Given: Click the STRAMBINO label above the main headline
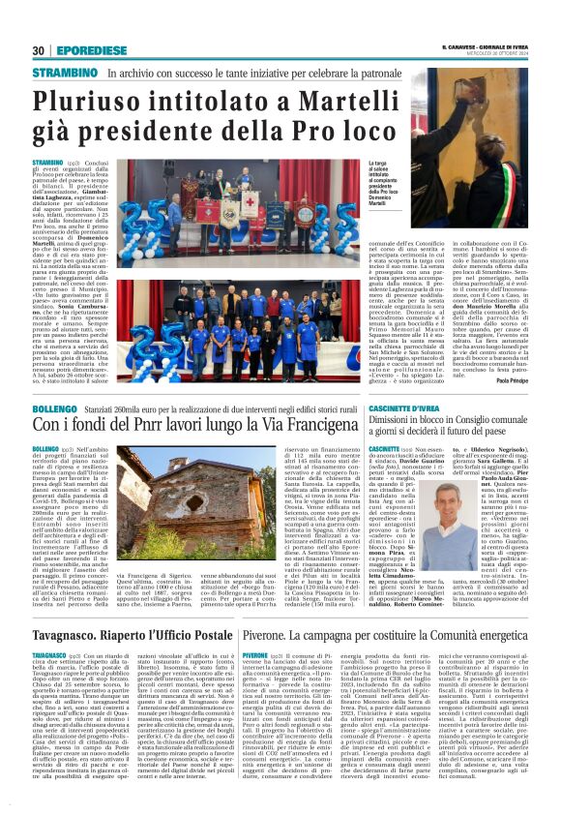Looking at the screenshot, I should click(64, 73).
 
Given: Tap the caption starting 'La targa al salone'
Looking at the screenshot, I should click(385, 178).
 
